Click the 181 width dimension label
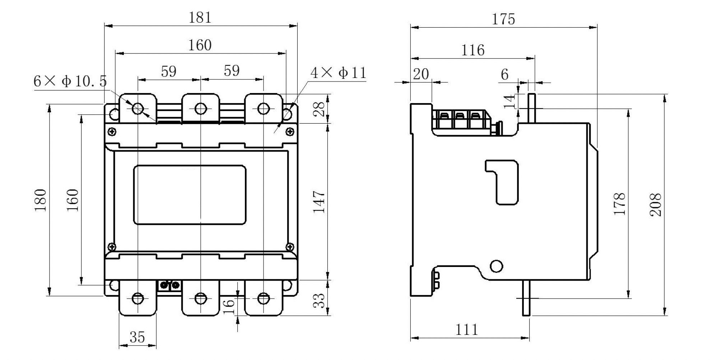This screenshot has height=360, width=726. [x=200, y=18]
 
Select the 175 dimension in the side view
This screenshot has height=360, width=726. [x=503, y=19]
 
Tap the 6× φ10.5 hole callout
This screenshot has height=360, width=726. [x=70, y=81]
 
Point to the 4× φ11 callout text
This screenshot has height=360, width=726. [x=338, y=73]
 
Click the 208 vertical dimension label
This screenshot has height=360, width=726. [x=656, y=204]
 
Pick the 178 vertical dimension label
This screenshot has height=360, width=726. [x=620, y=204]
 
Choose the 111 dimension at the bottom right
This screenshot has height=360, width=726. [x=466, y=329]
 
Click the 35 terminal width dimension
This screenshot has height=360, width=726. [x=137, y=337]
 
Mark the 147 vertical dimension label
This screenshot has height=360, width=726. [x=319, y=202]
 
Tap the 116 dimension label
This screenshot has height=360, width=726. [x=473, y=50]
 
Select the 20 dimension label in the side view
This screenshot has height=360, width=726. [x=421, y=74]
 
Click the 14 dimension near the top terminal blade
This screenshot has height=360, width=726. [x=509, y=101]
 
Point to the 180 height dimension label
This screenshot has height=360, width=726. [x=41, y=200]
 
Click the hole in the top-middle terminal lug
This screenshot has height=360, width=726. [x=200, y=109]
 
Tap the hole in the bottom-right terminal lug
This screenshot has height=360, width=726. [x=264, y=298]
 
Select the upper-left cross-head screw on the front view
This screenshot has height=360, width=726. [x=112, y=132]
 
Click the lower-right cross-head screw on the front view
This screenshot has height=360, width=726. [x=290, y=246]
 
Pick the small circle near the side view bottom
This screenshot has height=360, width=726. [x=496, y=266]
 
